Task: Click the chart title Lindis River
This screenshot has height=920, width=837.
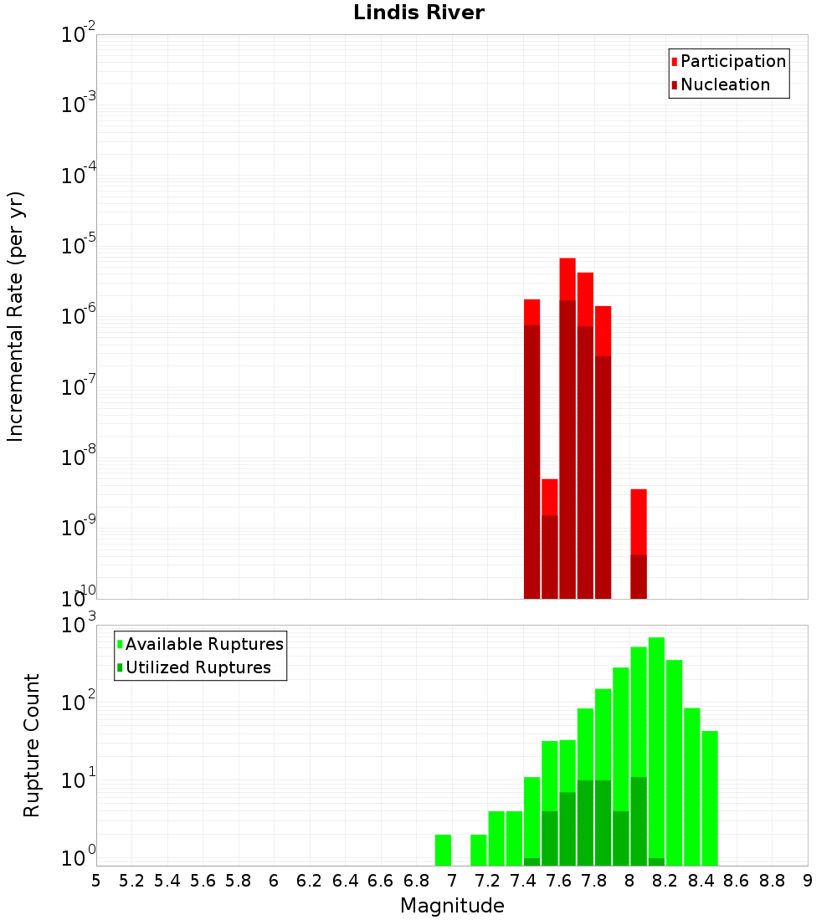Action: pyautogui.click(x=418, y=13)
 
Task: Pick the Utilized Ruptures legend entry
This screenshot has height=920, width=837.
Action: pyautogui.click(x=198, y=667)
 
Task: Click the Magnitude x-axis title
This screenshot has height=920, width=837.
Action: pyautogui.click(x=452, y=906)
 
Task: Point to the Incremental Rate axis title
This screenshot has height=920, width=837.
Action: pyautogui.click(x=15, y=317)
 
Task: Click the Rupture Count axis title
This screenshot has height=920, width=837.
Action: pyautogui.click(x=32, y=745)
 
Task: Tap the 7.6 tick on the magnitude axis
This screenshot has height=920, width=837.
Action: pyautogui.click(x=558, y=880)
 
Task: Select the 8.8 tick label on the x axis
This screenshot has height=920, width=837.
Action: pyautogui.click(x=772, y=880)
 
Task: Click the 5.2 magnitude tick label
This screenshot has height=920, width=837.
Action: pyautogui.click(x=131, y=880)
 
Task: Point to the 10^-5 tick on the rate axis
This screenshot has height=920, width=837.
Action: pyautogui.click(x=79, y=246)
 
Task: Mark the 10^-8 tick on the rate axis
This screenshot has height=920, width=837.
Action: pyautogui.click(x=79, y=457)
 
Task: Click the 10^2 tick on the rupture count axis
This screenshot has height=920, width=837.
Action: pyautogui.click(x=79, y=703)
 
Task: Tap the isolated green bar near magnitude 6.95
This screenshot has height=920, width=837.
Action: pyautogui.click(x=443, y=850)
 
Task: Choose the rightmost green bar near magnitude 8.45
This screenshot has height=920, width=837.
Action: pyautogui.click(x=710, y=795)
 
